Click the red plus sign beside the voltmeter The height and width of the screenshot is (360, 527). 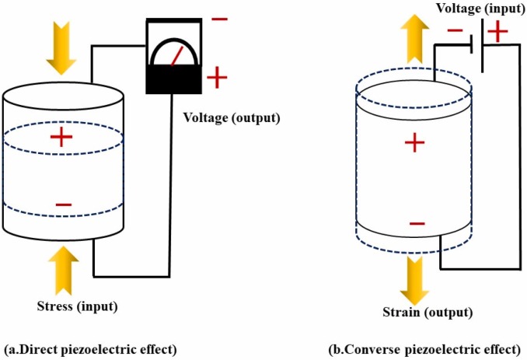pos(218,76)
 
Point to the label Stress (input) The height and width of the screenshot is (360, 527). pos(76,305)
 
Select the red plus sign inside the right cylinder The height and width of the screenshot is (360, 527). pos(415,142)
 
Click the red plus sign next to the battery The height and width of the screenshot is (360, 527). pos(497,32)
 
